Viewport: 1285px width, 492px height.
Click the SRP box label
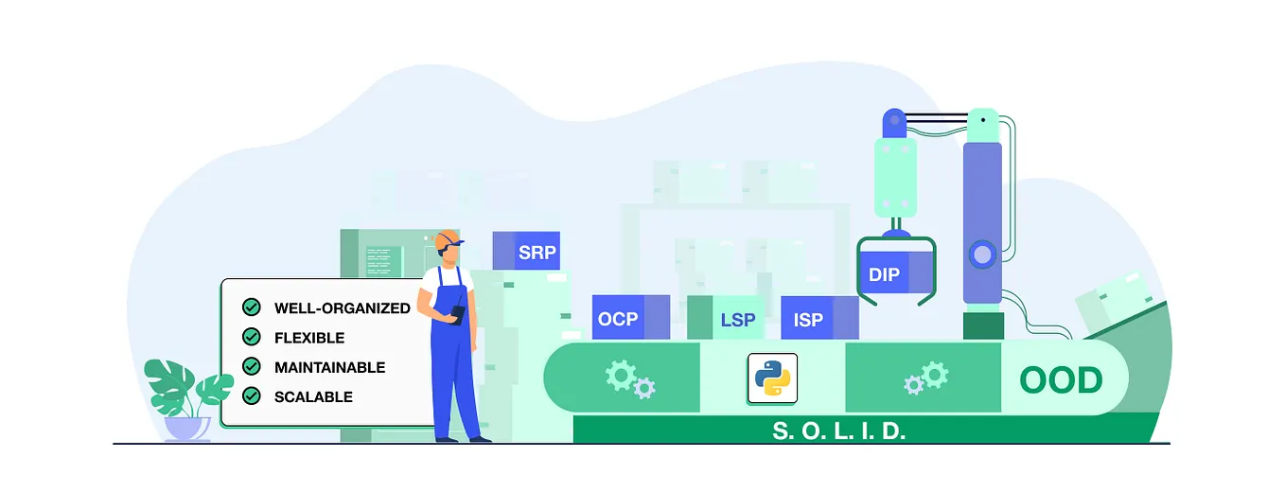[x=537, y=253]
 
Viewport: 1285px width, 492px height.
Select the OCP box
[x=618, y=319]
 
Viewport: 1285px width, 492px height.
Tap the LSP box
[x=737, y=319]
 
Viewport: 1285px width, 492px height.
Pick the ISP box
[x=807, y=319]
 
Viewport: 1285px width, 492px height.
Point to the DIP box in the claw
[x=884, y=275]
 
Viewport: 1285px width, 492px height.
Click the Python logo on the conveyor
[x=771, y=378]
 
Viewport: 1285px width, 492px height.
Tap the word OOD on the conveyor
[x=1061, y=380]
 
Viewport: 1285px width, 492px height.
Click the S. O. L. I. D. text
[x=839, y=430]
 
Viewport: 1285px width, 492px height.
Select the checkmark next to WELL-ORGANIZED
[x=252, y=307]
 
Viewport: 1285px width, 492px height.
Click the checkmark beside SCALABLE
[x=252, y=395]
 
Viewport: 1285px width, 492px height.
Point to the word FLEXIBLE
[x=309, y=337]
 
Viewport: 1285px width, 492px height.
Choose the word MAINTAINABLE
[x=329, y=366]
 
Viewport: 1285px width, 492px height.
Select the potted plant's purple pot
[x=187, y=429]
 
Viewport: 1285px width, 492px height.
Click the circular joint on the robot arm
[x=982, y=254]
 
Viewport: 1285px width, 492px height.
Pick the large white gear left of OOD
[x=935, y=373]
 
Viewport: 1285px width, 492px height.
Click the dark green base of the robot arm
[x=982, y=325]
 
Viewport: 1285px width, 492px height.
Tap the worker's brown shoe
[x=479, y=438]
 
